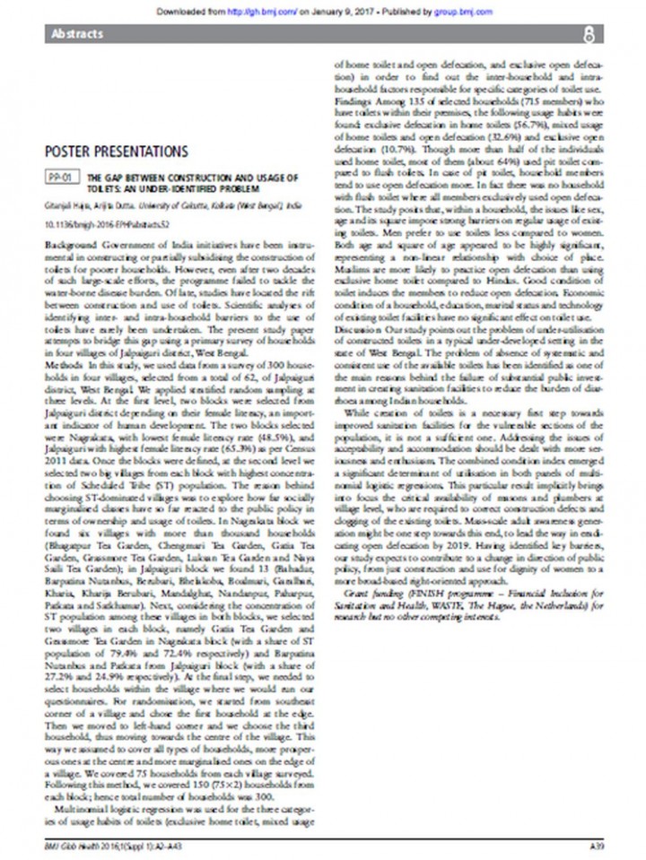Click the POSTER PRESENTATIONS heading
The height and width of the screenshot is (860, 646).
(x=116, y=151)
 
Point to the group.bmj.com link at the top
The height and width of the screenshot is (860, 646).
(x=467, y=13)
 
